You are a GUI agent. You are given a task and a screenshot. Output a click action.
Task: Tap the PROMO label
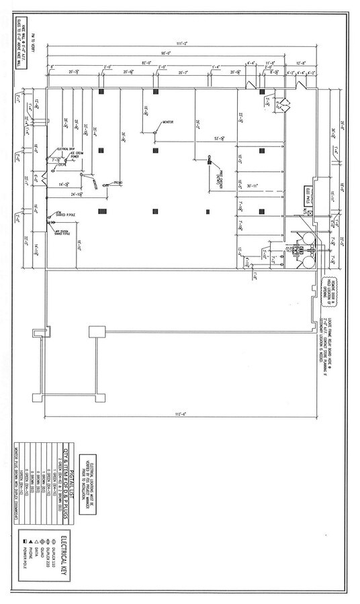tap(117, 183)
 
